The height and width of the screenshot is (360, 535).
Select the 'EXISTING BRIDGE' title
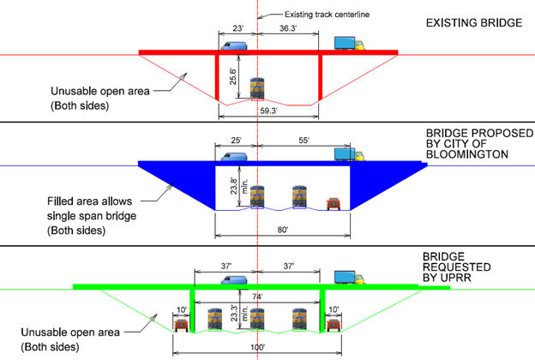[x=474, y=21]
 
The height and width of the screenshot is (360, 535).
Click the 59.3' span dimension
[x=269, y=111]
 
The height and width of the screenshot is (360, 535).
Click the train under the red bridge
[x=256, y=89]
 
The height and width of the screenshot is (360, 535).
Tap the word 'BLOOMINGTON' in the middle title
[x=467, y=154]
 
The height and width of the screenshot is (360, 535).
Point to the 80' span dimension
[x=283, y=230]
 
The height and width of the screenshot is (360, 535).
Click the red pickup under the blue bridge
[x=334, y=204]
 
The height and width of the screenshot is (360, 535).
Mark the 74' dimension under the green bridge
[x=256, y=296]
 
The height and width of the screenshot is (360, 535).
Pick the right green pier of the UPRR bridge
[x=322, y=310]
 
